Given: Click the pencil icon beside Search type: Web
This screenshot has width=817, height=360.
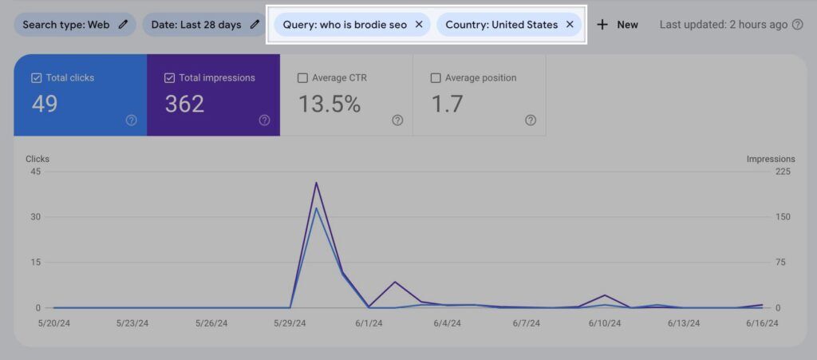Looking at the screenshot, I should pyautogui.click(x=123, y=25).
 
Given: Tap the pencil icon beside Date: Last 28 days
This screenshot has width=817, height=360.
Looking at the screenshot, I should pyautogui.click(x=254, y=25).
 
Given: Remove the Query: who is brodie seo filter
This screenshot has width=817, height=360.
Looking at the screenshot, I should pyautogui.click(x=419, y=25).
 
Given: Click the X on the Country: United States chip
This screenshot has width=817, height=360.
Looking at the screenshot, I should pyautogui.click(x=570, y=25).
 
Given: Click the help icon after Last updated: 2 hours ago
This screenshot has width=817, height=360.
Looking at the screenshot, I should pyautogui.click(x=797, y=25).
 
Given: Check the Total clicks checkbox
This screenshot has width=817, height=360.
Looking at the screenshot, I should pyautogui.click(x=36, y=78).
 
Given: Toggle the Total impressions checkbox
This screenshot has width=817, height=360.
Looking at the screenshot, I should pyautogui.click(x=169, y=78).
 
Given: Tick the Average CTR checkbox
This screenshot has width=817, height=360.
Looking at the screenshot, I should pyautogui.click(x=302, y=78).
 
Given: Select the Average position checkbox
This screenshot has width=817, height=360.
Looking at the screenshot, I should pyautogui.click(x=436, y=78).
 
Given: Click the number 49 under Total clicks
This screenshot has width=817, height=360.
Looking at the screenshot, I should pyautogui.click(x=45, y=104).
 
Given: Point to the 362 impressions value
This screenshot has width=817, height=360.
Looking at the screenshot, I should pyautogui.click(x=184, y=104).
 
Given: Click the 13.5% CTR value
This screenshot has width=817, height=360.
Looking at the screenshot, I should pyautogui.click(x=330, y=104).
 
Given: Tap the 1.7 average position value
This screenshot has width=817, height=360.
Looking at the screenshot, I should pyautogui.click(x=447, y=104).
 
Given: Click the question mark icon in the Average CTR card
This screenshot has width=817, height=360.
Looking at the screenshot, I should pyautogui.click(x=397, y=121).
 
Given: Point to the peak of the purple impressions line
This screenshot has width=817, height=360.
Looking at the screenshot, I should pyautogui.click(x=317, y=183).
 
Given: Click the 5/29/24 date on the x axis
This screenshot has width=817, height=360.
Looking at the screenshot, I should pyautogui.click(x=290, y=323).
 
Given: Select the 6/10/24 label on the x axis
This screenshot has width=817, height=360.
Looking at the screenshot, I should pyautogui.click(x=606, y=323).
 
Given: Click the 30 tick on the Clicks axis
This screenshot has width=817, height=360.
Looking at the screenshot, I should pyautogui.click(x=36, y=216).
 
